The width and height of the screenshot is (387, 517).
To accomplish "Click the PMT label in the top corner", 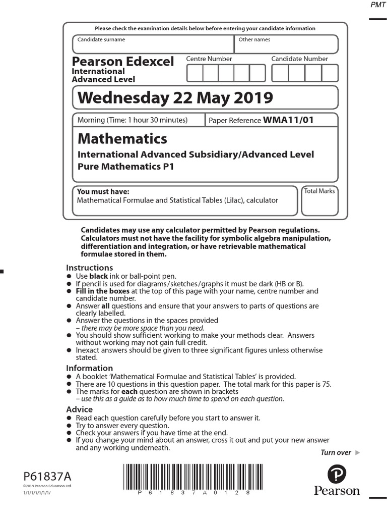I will pos(377,5).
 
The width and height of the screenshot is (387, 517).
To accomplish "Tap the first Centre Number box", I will pos(195,73).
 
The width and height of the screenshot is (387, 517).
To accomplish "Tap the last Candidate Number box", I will pos(330,73).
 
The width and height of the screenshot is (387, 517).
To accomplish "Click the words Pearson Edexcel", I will pos(123,62).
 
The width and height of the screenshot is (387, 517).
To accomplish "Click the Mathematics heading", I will pos(122,138).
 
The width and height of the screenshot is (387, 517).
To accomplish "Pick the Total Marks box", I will pos(319,202).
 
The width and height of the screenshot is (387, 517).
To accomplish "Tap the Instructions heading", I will pos(90,268).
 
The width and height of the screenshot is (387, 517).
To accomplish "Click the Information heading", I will pos(90,368).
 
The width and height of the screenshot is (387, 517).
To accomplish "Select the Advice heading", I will pos(80,409).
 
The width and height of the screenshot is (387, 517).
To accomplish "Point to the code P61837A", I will pos(47,477).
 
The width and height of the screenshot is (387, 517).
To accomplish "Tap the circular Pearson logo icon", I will pos(337,475).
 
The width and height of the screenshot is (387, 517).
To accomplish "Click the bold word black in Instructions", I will pos(98,276).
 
